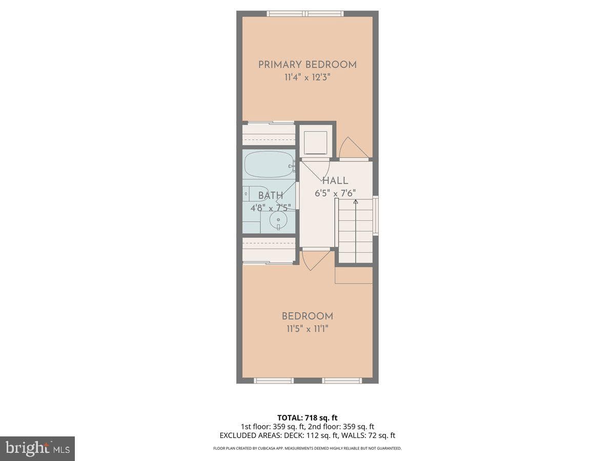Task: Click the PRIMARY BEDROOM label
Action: tap(307, 65)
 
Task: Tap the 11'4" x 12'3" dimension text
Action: tap(307, 77)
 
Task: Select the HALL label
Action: tap(335, 180)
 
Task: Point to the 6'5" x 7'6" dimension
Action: tap(335, 193)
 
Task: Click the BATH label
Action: tap(271, 196)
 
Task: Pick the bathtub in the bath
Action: tap(269, 164)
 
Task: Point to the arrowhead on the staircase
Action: tap(356, 201)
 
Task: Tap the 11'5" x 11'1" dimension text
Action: tap(307, 329)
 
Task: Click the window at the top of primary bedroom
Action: tap(305, 14)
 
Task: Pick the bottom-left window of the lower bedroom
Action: tap(274, 381)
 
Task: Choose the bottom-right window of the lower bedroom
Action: tap(342, 381)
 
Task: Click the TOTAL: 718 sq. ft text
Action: tap(307, 417)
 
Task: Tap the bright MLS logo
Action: tap(37, 449)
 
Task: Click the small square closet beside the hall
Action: tap(316, 142)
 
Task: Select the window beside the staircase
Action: tap(376, 216)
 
